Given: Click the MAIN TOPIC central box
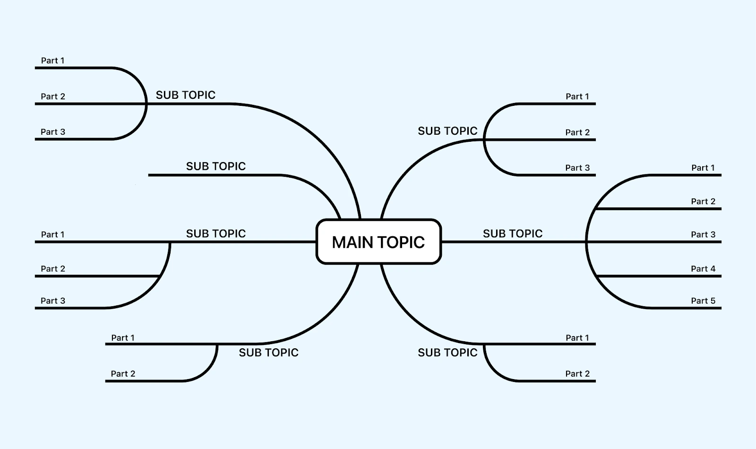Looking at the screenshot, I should click(x=378, y=242).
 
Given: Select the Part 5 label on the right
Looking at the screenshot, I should click(x=703, y=301).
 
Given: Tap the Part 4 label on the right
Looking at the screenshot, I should click(x=703, y=268).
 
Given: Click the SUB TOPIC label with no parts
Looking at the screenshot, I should click(x=215, y=166).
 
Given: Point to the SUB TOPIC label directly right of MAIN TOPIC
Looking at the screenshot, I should click(x=512, y=233).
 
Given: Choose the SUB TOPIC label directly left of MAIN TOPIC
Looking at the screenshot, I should click(x=215, y=233).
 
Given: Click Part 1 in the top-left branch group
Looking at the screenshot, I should click(x=52, y=60).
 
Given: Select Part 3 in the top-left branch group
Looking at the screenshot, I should click(x=52, y=132).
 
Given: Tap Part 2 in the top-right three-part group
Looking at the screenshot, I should click(x=577, y=132).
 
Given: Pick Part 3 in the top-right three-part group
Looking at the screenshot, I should click(x=577, y=168).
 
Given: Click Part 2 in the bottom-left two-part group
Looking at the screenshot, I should click(x=123, y=374).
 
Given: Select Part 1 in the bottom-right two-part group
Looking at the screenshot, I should click(x=577, y=338).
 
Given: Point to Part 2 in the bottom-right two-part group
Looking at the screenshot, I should click(x=577, y=374).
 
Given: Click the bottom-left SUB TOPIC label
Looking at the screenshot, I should click(x=268, y=353).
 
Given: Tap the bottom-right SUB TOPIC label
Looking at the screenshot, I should click(x=447, y=353).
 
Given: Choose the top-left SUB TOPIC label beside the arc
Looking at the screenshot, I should click(x=185, y=95).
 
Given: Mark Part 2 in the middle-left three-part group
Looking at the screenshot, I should click(x=52, y=268).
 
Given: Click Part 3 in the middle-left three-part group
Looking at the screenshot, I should click(x=52, y=301).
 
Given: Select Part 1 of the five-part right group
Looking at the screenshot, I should click(x=703, y=168).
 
